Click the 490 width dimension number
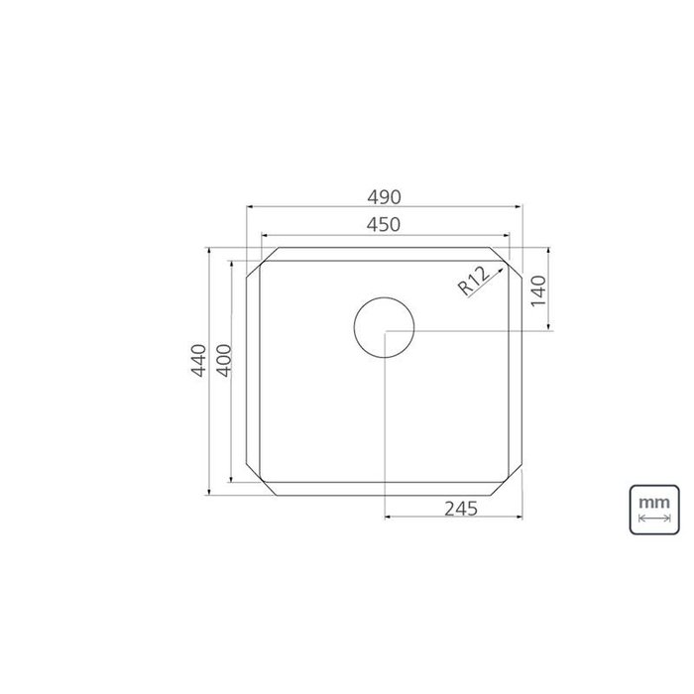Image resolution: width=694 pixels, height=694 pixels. pos(384,197)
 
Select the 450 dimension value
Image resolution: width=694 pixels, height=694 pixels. pos(384,225)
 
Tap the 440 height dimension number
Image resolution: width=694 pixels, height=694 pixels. pos(198,360)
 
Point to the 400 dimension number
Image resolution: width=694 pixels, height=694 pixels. pos(224,360)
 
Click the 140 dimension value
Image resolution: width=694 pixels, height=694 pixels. pos(538,290)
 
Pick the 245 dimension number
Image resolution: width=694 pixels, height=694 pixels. pos(461,509)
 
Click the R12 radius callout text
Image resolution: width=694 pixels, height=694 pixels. pos(474,281)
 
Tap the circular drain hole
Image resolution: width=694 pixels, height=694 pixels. pos(385,327)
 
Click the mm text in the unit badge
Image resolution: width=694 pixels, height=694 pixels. pos(654,503)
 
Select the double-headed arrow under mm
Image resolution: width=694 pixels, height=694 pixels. pos(654,518)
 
